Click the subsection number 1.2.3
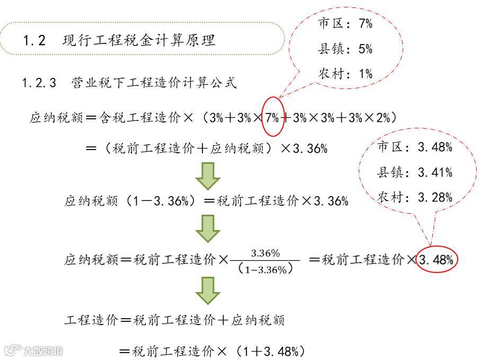(39, 83)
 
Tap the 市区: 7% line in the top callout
(345, 24)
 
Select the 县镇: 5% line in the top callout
(345, 49)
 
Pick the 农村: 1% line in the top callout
(345, 74)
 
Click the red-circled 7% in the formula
(272, 118)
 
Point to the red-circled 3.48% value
(436, 260)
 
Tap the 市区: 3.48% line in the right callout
(415, 147)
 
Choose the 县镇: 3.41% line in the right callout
(415, 172)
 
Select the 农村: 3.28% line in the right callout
(415, 198)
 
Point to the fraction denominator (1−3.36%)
(265, 269)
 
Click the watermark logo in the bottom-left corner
(33, 350)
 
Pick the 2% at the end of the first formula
(383, 118)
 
